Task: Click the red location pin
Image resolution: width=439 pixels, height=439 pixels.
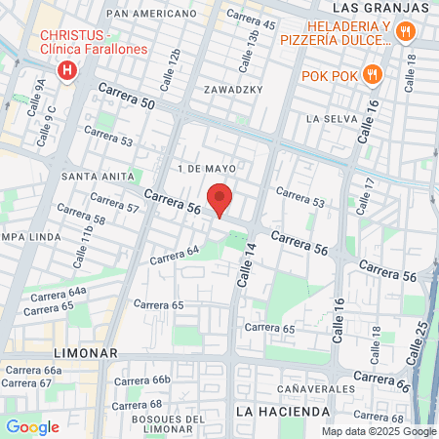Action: click(219, 198)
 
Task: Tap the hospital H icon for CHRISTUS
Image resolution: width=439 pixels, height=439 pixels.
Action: click(67, 70)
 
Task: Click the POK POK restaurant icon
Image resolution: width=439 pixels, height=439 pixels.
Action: click(371, 74)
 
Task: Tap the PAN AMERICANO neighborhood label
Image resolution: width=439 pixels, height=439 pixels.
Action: click(150, 14)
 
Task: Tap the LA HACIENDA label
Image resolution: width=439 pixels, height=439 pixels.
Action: click(283, 412)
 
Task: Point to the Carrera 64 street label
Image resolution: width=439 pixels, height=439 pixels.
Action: click(174, 256)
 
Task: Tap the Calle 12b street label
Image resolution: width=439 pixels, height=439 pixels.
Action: click(173, 64)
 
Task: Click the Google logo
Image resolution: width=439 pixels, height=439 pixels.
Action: click(32, 426)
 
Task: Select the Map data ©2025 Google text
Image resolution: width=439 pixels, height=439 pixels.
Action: click(379, 431)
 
